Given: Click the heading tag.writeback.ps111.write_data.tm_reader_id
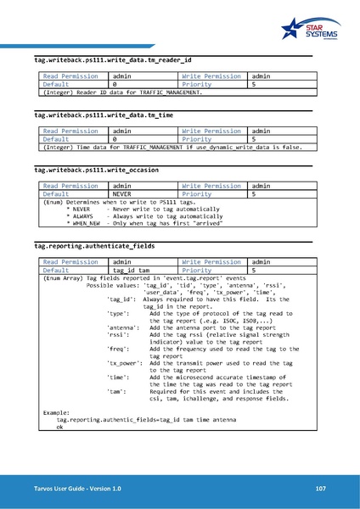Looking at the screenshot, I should click(x=112, y=61).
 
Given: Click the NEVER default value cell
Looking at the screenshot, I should click(x=124, y=194).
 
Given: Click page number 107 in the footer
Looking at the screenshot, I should click(x=320, y=489).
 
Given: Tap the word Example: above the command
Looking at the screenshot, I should click(x=57, y=412).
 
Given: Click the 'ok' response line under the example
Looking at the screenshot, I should click(x=59, y=427).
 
